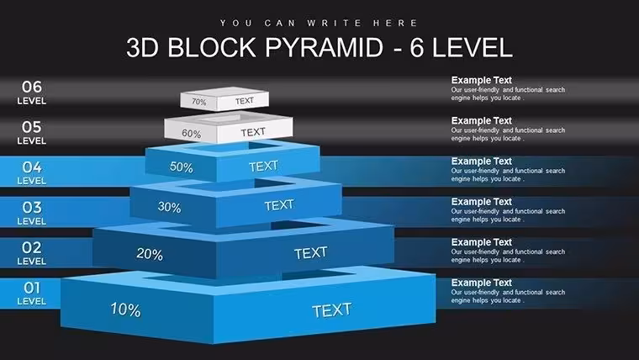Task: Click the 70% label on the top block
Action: coord(199,102)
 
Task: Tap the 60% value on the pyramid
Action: coord(192,134)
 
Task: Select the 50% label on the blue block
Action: coord(182,167)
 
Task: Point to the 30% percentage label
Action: coord(170,207)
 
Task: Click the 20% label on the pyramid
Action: coord(150,254)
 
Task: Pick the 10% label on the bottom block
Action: coord(125,310)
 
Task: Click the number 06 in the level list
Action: coord(32,87)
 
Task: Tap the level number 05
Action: coord(32,127)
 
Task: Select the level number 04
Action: coord(32,167)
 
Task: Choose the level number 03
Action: coord(32,208)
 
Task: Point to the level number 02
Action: coord(32,247)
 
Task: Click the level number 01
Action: coord(32,288)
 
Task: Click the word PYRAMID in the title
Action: coord(325,47)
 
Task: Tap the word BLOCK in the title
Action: coord(212,47)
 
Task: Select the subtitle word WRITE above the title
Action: coord(334,23)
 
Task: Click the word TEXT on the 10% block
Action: coord(332,310)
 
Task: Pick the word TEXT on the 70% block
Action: coord(245,101)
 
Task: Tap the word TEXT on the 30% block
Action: coord(279,205)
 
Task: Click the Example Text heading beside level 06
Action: coord(481,80)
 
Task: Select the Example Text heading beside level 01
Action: coord(481,283)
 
